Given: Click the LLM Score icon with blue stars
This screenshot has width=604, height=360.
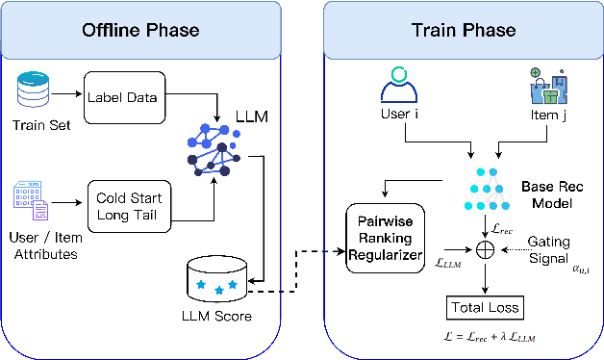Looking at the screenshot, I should click(217, 279).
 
